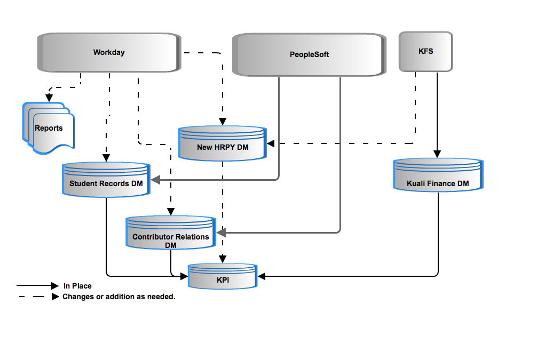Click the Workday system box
click(x=109, y=52)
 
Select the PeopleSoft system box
click(x=309, y=54)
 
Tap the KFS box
click(x=425, y=51)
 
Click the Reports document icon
click(x=48, y=128)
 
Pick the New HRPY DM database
click(x=223, y=143)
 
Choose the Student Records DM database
click(x=106, y=180)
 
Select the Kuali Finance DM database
click(x=438, y=174)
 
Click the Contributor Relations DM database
click(x=171, y=233)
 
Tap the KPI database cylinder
click(x=223, y=276)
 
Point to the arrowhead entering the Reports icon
click(x=49, y=98)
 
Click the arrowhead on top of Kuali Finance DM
click(x=437, y=154)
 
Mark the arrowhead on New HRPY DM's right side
click(x=271, y=143)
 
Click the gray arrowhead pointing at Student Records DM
click(x=155, y=180)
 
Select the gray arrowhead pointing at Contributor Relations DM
click(x=221, y=233)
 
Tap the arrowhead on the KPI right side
click(x=262, y=276)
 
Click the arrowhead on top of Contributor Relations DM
click(x=171, y=212)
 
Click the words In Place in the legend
click(x=77, y=286)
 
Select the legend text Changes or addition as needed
click(x=119, y=297)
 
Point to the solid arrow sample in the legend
click(x=38, y=285)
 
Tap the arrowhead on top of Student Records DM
click(x=106, y=158)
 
